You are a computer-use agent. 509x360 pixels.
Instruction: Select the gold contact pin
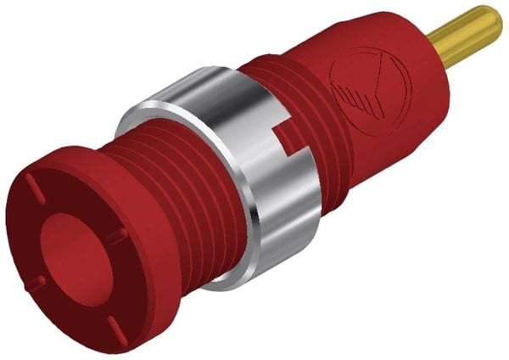pyautogui.click(x=465, y=37)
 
